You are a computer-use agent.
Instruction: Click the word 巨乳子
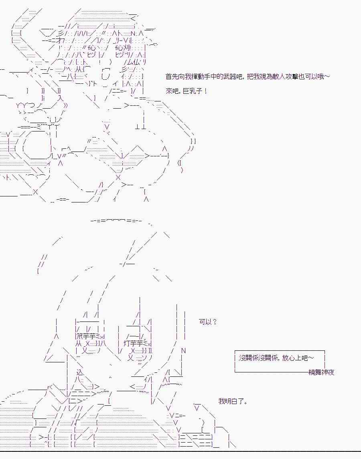pyautogui.click(x=195, y=91)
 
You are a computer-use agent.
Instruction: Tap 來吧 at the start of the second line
pyautogui.click(x=171, y=91)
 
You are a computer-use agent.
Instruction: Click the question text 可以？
pyautogui.click(x=208, y=322)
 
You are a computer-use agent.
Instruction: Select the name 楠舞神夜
pyautogui.click(x=321, y=372)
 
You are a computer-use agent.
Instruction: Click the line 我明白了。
pyautogui.click(x=233, y=401)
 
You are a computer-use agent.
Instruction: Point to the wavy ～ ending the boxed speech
pyautogui.click(x=311, y=358)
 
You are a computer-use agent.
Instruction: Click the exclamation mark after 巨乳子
pyautogui.click(x=206, y=91)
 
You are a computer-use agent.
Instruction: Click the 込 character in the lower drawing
pyautogui.click(x=79, y=372)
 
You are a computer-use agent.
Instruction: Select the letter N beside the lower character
pyautogui.click(x=184, y=351)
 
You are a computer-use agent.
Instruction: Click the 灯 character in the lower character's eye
pyautogui.click(x=127, y=344)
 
